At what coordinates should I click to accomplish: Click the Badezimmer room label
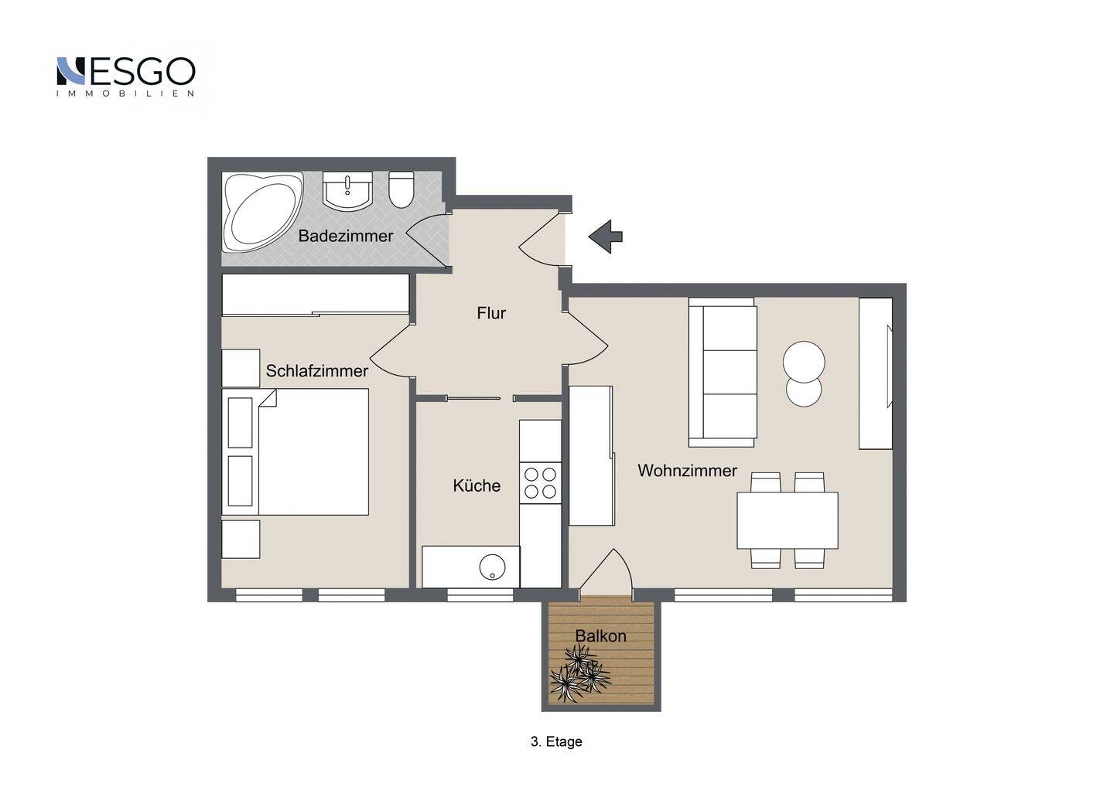coord(346,236)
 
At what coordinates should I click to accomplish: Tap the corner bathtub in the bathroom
coord(262,212)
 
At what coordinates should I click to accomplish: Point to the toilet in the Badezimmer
coord(401,190)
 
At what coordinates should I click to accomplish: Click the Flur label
coord(490,313)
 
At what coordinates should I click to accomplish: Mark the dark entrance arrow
coord(605,237)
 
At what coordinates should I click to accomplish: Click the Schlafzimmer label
coord(317,370)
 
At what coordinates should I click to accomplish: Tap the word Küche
coord(477,485)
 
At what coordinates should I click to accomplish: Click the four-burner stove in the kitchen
coord(541,483)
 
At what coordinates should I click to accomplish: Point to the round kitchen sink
coord(492,567)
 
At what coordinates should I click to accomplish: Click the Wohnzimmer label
coord(687,471)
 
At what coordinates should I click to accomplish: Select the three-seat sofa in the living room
coord(723,372)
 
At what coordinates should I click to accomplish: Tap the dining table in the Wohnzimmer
coord(788,520)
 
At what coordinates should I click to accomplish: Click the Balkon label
coord(600,636)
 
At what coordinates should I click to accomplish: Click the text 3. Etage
coord(556,742)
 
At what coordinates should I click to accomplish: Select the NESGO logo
coord(125,77)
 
